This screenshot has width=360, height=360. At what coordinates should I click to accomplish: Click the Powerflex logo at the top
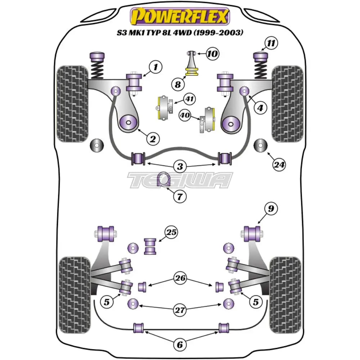point(180,16)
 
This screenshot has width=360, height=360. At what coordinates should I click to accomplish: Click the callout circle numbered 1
point(156,67)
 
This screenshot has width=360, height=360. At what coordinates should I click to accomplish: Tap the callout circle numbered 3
point(180,167)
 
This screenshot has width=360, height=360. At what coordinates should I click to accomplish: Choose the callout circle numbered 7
point(180,196)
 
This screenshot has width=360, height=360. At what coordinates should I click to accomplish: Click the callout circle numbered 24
point(279,165)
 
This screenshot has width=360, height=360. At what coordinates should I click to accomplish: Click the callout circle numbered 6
point(180,345)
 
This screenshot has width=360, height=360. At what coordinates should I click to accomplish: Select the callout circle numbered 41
point(188,98)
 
